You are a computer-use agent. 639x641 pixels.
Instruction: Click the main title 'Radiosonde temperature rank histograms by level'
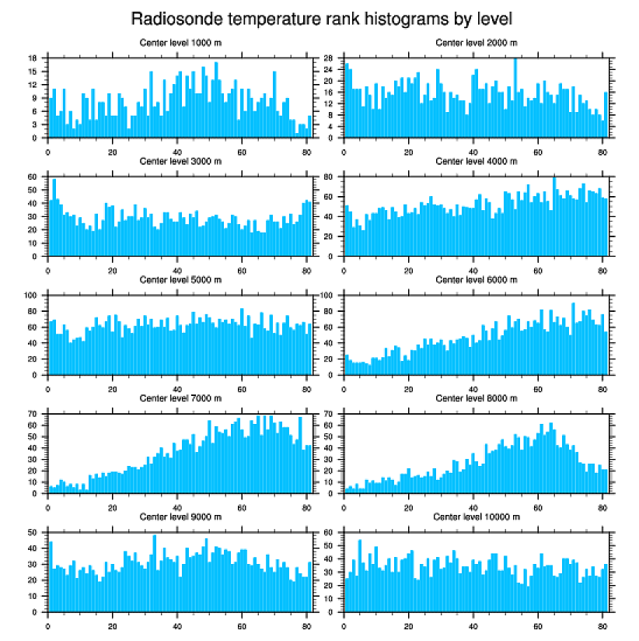coord(321,19)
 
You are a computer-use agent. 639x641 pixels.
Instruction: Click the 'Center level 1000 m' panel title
coord(180,43)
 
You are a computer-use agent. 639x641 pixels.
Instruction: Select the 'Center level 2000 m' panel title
coord(477,43)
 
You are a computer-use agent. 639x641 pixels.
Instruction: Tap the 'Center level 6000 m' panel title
coord(477,280)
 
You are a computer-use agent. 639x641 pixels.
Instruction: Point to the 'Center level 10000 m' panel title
coord(477,517)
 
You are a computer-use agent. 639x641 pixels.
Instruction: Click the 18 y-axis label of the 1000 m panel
coord(33,58)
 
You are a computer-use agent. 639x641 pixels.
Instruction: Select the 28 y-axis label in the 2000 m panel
coord(328,58)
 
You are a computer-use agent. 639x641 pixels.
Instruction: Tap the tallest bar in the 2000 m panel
coord(515,98)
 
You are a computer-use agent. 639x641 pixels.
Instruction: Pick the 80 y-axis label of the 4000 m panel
coord(328,177)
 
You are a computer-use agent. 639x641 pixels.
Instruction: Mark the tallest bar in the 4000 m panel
coord(554,217)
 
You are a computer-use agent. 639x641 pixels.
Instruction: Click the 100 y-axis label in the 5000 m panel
coord(30,296)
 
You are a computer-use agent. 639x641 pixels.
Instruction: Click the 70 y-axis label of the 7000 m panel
coord(33,414)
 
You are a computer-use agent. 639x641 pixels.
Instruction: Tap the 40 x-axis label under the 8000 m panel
coord(473,508)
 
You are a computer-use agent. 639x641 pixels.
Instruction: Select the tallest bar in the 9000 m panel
coord(155,573)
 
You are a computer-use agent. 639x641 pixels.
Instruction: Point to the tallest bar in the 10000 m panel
coord(360,576)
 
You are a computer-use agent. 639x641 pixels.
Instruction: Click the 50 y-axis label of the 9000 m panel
coord(33,533)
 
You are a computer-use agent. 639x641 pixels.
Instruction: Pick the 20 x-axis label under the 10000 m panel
coord(409,627)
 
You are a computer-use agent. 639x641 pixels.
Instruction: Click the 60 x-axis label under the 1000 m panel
coord(242,152)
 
